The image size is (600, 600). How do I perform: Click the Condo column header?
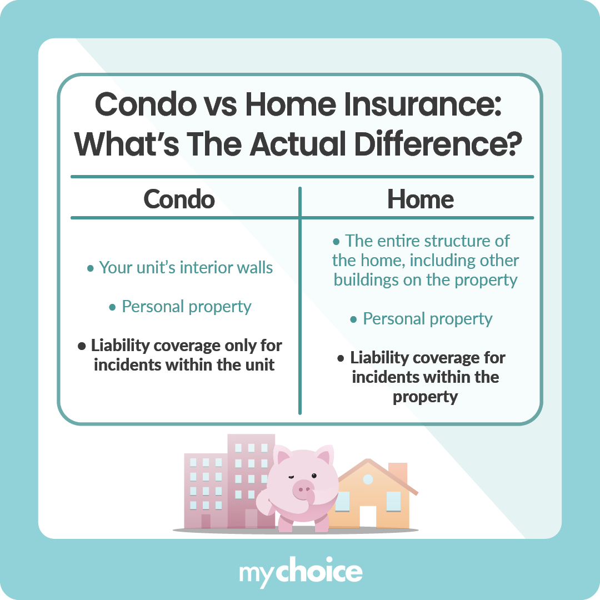pos(179,199)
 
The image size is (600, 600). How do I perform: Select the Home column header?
pos(421,199)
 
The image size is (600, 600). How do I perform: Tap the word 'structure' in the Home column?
pos(454,241)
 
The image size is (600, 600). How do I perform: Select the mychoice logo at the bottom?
pos(301,572)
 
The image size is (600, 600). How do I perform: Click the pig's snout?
pos(303,489)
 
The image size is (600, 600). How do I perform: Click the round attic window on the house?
pos(368,479)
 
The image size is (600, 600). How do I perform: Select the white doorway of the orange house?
pos(368,517)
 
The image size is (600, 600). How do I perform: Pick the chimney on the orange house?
pos(398,473)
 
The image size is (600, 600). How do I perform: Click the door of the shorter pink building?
pos(206,521)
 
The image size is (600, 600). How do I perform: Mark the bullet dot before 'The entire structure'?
pos(336,242)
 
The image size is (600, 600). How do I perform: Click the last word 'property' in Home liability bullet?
pos(425,397)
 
